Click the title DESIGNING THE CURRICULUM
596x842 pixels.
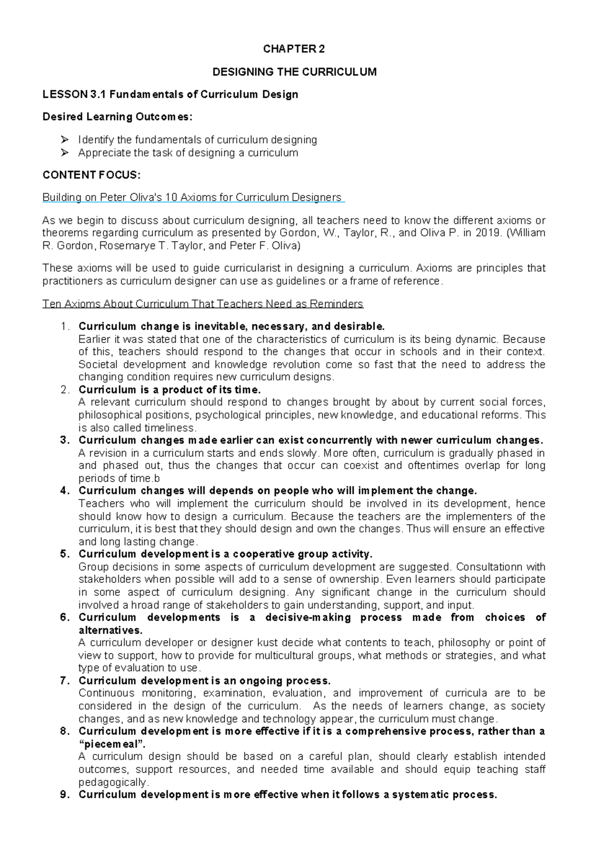(294, 72)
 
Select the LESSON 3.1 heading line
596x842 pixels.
(170, 94)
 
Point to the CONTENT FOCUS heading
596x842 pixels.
(92, 175)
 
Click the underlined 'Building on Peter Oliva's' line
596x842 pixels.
(193, 198)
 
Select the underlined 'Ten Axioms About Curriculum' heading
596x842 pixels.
(203, 304)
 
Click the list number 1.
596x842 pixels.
(63, 327)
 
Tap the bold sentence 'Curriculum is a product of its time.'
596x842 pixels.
(169, 390)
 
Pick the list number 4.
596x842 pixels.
(63, 491)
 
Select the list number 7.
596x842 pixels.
(63, 681)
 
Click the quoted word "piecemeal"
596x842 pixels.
(110, 744)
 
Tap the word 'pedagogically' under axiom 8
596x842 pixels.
(113, 782)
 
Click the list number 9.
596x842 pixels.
(63, 795)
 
